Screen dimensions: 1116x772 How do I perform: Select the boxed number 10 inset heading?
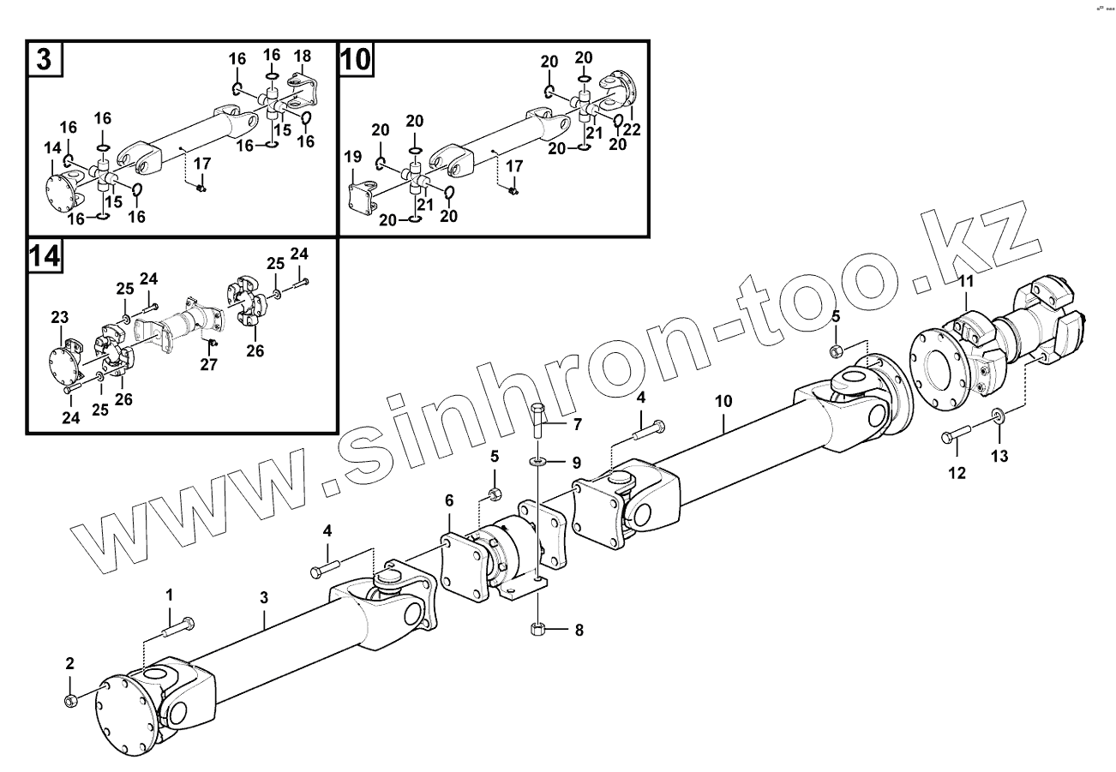click(x=357, y=60)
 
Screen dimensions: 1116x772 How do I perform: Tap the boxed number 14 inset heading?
click(x=45, y=257)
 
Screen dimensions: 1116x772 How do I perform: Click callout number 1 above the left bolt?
click(x=169, y=595)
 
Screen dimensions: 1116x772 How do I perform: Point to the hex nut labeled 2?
click(x=70, y=700)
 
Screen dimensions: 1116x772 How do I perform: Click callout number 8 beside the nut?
click(x=579, y=631)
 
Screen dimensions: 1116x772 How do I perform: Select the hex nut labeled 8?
click(x=537, y=630)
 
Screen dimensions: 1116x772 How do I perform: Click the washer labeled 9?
click(x=537, y=462)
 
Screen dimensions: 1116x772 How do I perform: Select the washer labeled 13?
click(x=997, y=417)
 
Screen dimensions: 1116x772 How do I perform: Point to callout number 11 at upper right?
click(x=966, y=281)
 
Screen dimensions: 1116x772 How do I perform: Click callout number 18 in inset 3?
click(x=302, y=57)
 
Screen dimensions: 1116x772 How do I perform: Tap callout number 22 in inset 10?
click(x=633, y=129)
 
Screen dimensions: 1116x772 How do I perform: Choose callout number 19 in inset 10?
click(x=353, y=157)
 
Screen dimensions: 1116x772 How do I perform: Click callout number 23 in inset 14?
click(x=59, y=318)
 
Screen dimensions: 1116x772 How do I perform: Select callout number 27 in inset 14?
click(x=209, y=364)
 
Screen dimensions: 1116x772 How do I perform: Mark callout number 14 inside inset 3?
click(x=53, y=148)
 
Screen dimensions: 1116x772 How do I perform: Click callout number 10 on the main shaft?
click(x=724, y=399)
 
